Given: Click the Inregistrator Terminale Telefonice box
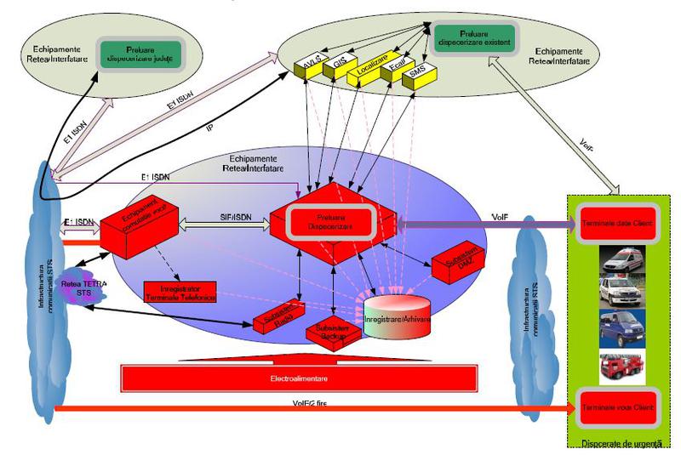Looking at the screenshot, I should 181,292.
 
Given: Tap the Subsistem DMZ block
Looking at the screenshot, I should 456,264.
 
